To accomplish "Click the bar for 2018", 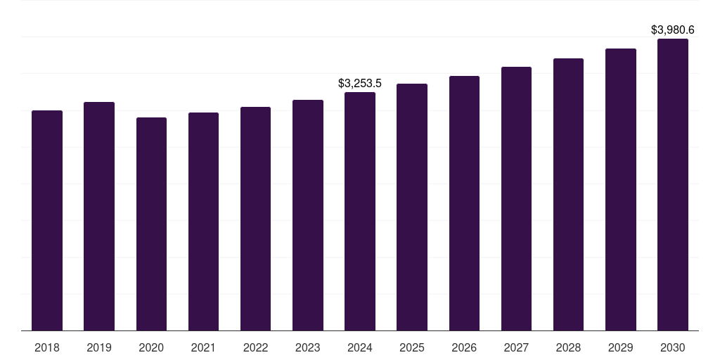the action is (47, 220).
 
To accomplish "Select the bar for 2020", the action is (151, 224).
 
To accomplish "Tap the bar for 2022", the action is (255, 219).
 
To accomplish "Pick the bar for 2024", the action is (359, 211).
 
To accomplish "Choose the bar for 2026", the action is (464, 203).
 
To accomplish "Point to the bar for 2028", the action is (568, 195).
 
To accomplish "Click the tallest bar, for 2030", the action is (673, 185).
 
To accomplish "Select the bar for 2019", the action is (99, 217).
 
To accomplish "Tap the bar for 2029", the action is (620, 190).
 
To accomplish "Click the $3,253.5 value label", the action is (359, 83).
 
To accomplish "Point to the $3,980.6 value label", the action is (673, 30).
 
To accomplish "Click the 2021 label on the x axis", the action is (203, 347).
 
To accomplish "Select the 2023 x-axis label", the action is (308, 347).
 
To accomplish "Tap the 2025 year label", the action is (412, 347).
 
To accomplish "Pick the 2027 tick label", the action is (516, 347).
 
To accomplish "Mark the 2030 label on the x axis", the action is (673, 347).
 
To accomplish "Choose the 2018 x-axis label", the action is (47, 347).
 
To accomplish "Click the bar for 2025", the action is (412, 207).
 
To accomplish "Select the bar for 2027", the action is (516, 199).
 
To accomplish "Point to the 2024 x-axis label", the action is (359, 347).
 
